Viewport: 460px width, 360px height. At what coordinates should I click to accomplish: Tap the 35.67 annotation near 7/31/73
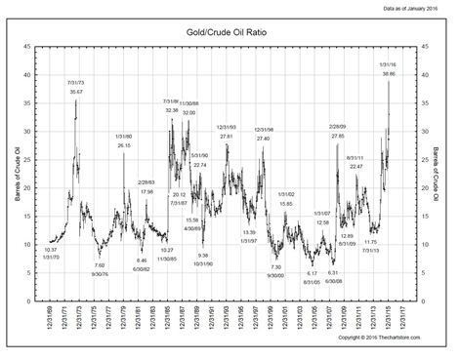click(x=76, y=92)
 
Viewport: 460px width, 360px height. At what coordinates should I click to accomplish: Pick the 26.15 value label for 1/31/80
click(x=124, y=144)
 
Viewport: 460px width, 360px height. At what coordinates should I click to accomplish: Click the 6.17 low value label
click(x=313, y=273)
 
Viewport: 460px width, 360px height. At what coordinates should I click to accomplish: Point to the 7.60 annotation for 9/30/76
click(x=99, y=265)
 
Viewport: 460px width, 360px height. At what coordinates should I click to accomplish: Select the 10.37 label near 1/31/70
click(x=51, y=250)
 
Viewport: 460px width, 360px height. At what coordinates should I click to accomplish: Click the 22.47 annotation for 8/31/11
click(x=356, y=166)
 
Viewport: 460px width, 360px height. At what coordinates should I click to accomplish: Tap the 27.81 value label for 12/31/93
click(x=227, y=136)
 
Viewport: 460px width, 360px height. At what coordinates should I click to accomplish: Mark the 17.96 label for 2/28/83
click(x=146, y=191)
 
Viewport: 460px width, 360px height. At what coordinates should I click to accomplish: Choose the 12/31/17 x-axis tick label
click(x=401, y=313)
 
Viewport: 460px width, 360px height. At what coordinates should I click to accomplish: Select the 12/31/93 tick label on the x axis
click(x=226, y=313)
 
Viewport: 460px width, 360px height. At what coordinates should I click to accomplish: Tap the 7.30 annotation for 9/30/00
click(x=275, y=266)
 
